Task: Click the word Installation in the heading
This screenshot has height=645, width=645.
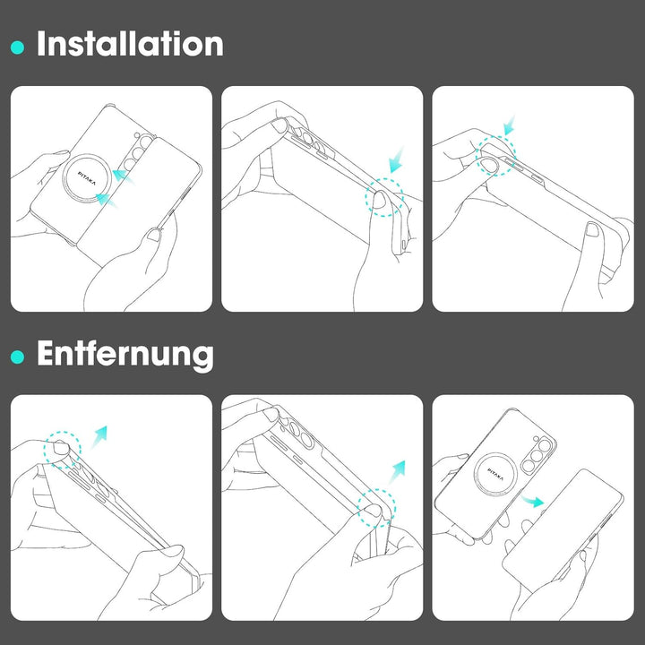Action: coord(130,44)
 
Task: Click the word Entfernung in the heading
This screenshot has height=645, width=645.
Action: coord(125,354)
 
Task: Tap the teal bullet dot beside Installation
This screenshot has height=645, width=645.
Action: coord(17,47)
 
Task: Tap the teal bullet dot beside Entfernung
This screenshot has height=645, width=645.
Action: coord(17,357)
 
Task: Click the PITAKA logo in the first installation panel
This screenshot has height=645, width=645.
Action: coord(87,178)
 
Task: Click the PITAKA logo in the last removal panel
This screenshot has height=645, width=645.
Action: coord(494,474)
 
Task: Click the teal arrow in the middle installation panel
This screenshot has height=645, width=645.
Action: coord(397,159)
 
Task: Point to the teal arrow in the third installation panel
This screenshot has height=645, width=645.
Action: coord(509,125)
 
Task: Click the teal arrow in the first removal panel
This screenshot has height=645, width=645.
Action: coord(99,437)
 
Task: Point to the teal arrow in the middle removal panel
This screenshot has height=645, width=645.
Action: coord(398,471)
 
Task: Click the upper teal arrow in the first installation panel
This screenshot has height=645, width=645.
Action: coord(124,176)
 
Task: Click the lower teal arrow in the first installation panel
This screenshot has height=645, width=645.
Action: coord(107,201)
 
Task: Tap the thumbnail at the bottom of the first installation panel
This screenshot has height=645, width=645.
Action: coord(155,235)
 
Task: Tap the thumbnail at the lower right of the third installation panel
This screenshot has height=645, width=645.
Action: coord(592,229)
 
